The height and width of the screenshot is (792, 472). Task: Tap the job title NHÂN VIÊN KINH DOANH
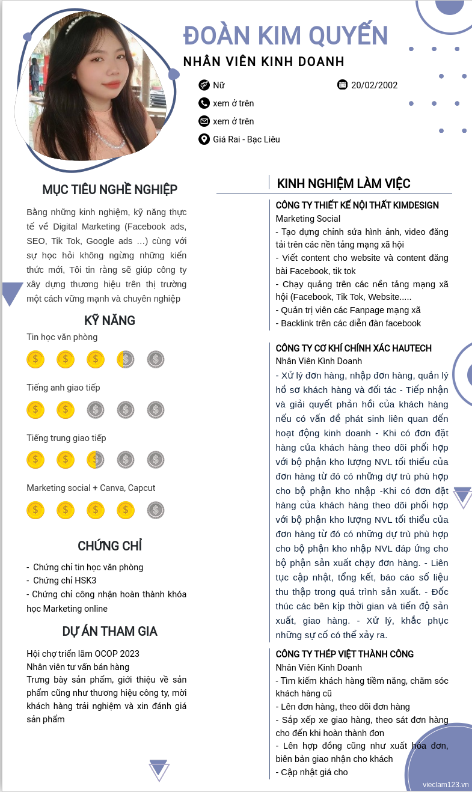263,62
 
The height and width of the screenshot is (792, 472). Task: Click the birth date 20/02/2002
374,85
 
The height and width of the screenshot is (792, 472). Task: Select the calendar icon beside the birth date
343,85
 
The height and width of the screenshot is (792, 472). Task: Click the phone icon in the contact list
204,103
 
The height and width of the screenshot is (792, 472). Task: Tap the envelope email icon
204,121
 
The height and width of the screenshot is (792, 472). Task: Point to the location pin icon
204,139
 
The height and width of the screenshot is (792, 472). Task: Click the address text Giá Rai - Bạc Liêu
247,139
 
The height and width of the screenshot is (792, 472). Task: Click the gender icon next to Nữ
204,85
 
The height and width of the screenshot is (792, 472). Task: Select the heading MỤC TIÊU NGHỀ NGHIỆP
109,190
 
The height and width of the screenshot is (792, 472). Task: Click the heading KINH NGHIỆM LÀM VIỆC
343,184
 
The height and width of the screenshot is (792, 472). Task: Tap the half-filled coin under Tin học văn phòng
126,360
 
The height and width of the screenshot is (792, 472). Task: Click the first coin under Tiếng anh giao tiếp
35,410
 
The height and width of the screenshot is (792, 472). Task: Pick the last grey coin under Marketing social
156,511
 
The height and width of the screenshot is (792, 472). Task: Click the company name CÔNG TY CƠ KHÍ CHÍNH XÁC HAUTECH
354,349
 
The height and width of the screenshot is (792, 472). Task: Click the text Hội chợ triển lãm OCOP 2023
83,654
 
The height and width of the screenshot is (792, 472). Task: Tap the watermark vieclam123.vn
445,785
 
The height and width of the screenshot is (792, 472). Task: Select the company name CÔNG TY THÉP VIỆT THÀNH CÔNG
345,654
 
